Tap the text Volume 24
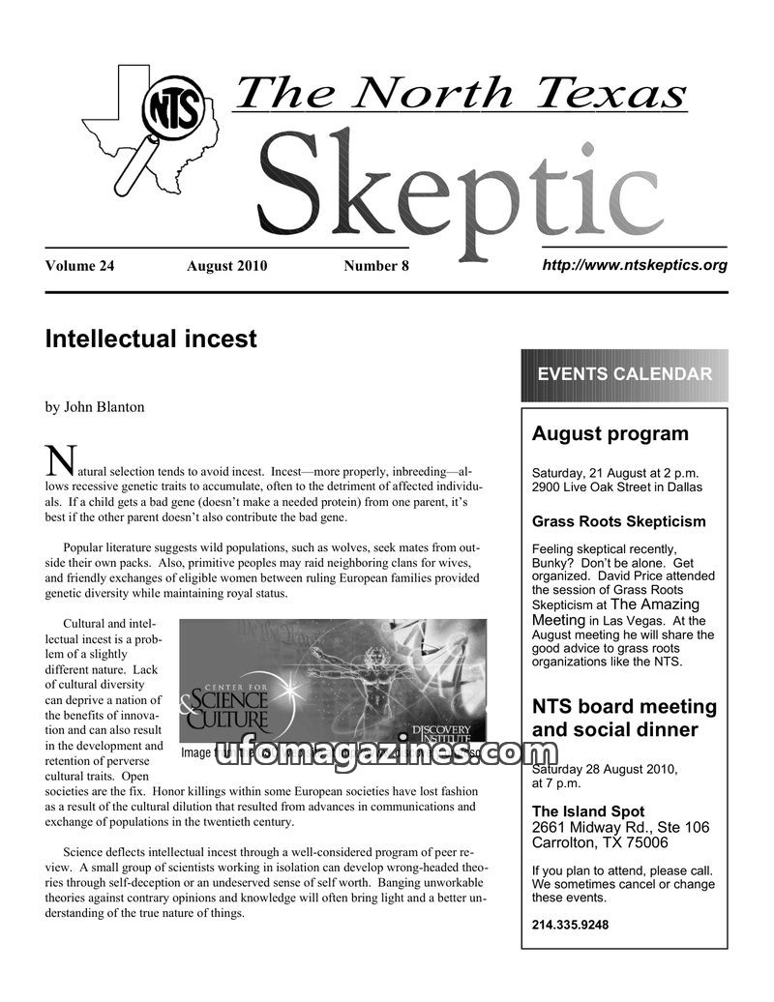pos(79,266)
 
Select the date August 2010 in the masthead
pos(226,266)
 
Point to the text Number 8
pos(376,266)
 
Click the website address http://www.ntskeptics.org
pos(634,264)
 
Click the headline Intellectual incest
pos(151,339)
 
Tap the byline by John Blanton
pos(95,407)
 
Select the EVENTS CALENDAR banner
pos(624,374)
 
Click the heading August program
pos(610,434)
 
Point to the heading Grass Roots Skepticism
pos(619,522)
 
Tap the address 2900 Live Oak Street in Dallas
pos(617,487)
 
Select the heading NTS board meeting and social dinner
pos(624,719)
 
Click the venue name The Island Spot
pos(588,811)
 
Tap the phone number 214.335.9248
pos(570,925)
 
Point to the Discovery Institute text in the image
pos(441,732)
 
